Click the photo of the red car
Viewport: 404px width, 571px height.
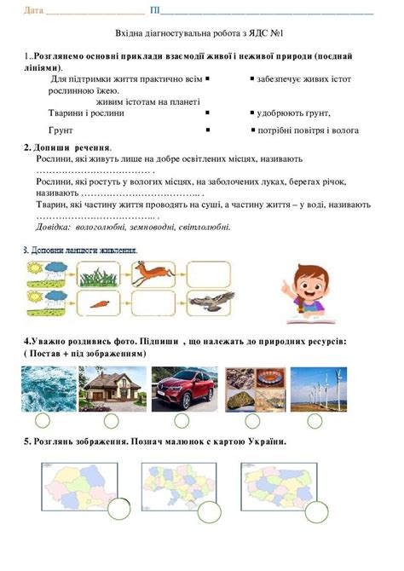[183, 389]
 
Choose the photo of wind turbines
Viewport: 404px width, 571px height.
[318, 389]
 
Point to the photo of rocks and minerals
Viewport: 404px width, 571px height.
[254, 389]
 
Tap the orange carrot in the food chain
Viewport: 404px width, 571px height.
[99, 303]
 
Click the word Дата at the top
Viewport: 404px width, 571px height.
[33, 11]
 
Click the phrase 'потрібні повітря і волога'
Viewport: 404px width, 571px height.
[308, 130]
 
